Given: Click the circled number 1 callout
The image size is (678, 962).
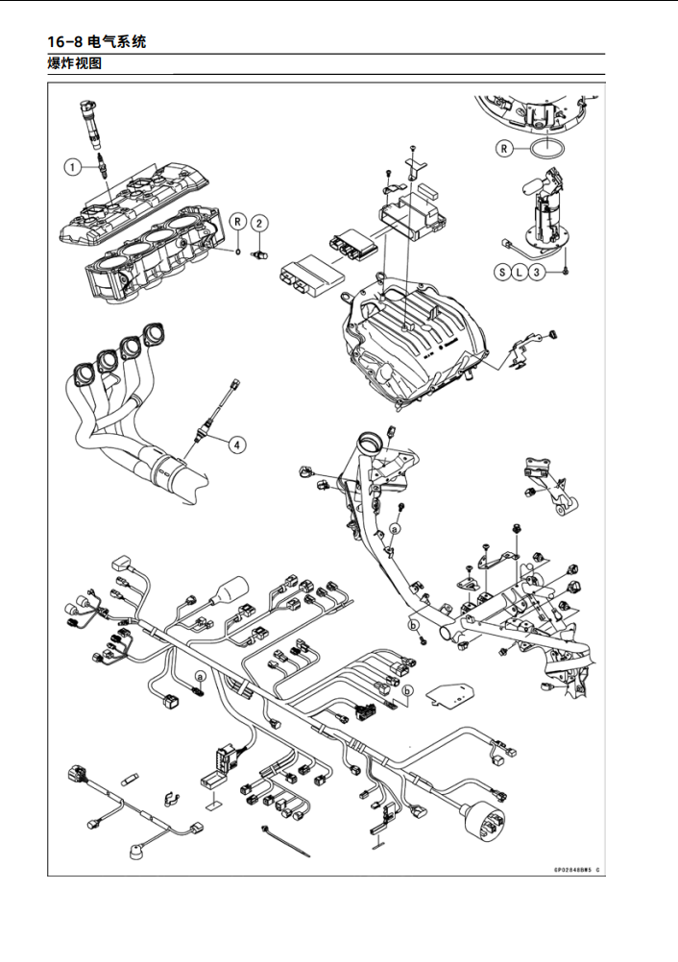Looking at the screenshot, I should tap(73, 166).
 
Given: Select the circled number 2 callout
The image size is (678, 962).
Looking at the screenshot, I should tap(259, 223).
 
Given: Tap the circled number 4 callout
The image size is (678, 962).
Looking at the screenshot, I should tap(236, 444).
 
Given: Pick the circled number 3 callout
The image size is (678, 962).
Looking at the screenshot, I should tap(539, 272).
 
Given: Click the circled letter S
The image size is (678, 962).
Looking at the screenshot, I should tap(502, 272).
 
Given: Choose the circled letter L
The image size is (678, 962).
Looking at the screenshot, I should tap(521, 272).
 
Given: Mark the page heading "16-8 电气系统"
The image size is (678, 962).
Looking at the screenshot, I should tap(97, 41).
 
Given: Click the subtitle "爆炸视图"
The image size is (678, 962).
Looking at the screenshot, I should tap(76, 64).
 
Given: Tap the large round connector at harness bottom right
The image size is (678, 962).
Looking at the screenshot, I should tap(479, 822).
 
